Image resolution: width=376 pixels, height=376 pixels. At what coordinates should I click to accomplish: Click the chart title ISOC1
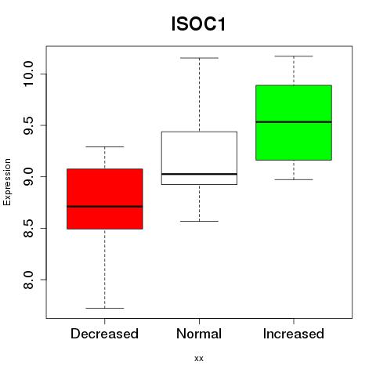(x=198, y=24)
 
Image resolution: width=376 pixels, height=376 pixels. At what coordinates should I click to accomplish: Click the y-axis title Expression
(x=7, y=182)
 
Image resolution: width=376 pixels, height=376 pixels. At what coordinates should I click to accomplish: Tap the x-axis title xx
(x=199, y=358)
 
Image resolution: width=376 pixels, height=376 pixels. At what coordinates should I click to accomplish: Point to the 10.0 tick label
(x=28, y=74)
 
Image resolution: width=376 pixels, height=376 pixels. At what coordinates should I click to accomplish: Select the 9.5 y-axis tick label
(x=28, y=125)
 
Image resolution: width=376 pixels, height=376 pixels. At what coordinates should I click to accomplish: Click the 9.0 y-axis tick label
(x=28, y=177)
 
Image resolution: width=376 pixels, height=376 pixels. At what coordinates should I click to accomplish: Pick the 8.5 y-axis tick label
(x=28, y=228)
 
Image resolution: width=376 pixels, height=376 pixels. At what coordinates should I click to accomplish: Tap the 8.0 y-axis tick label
(x=28, y=280)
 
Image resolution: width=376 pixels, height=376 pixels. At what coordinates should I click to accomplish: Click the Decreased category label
(x=104, y=334)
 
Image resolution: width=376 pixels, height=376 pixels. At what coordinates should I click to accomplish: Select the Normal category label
(x=199, y=334)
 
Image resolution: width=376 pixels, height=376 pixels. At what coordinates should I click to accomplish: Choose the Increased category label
(x=294, y=334)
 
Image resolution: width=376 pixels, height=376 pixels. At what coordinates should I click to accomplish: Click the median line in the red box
(x=105, y=207)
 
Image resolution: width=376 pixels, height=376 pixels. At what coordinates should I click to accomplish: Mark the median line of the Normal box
(x=199, y=174)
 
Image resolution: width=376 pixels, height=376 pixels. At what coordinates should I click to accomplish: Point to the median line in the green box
(x=294, y=122)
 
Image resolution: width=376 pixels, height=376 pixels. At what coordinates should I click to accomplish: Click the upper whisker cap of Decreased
(x=105, y=146)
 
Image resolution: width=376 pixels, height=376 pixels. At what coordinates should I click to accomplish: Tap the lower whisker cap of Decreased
(x=105, y=308)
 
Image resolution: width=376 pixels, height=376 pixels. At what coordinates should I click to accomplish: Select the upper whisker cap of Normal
(x=199, y=58)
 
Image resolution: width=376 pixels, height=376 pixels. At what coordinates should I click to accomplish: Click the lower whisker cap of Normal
(x=199, y=221)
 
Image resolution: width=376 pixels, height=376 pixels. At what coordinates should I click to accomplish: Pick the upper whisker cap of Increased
(x=294, y=56)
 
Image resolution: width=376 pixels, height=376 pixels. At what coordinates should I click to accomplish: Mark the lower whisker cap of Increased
(x=294, y=179)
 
